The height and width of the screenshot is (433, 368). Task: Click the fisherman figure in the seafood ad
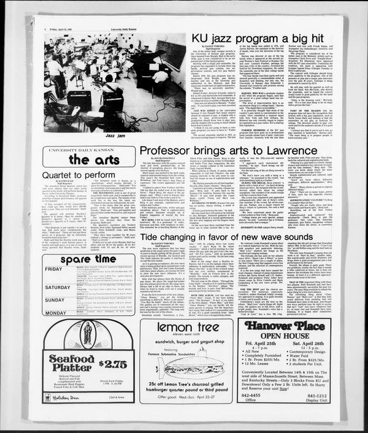pos(87,335)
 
